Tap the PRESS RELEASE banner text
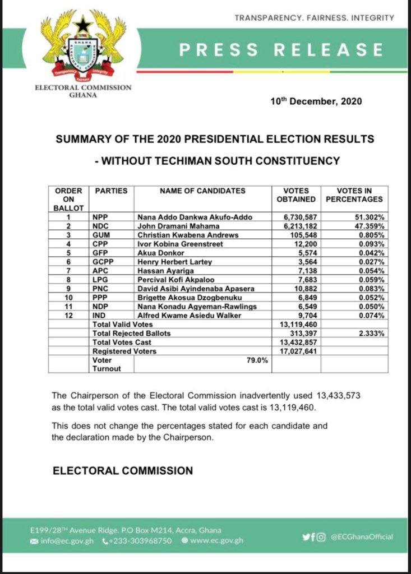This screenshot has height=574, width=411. (281, 50)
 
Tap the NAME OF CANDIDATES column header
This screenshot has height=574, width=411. (202, 191)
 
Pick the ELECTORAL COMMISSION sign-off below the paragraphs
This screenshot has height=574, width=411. (122, 470)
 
